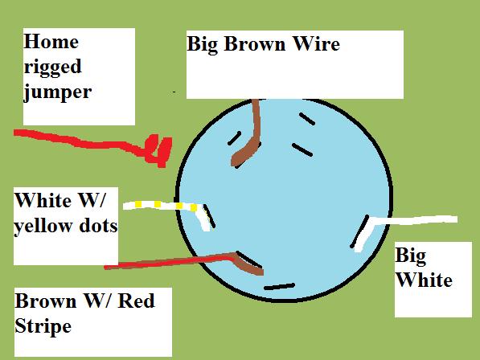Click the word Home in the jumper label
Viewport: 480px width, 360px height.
pos(51,41)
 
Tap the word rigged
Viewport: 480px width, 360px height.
pos(52,67)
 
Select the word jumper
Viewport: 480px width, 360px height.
pos(58,92)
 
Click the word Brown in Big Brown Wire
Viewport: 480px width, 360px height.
pos(255,43)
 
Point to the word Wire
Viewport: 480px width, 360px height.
pos(316,43)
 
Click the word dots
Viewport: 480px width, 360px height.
pos(98,226)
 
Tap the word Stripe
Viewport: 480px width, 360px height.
pos(43,327)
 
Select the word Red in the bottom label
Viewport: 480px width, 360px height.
pos(136,301)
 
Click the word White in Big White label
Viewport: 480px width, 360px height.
pos(424,280)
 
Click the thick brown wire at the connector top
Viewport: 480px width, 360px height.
pos(251,134)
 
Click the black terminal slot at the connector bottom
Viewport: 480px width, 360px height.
pos(279,287)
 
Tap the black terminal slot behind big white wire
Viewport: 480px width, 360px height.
pos(359,231)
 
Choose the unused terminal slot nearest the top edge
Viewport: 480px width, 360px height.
pos(307,119)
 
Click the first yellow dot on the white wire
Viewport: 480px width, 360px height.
pos(138,203)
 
